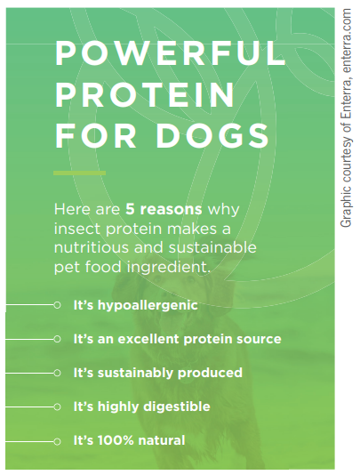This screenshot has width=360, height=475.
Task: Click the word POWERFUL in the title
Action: (x=170, y=53)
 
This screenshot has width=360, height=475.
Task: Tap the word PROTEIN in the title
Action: (x=145, y=95)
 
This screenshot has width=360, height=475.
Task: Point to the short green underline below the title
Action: (x=80, y=173)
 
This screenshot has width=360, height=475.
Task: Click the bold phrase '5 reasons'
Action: (x=164, y=209)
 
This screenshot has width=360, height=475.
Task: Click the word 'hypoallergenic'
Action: (x=148, y=305)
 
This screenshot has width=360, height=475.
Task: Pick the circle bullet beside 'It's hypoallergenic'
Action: (x=57, y=305)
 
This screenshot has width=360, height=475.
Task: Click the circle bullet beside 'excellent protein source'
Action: (x=57, y=339)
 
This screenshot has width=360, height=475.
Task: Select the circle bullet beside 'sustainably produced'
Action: (x=57, y=374)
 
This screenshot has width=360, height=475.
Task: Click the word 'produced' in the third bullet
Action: (x=210, y=374)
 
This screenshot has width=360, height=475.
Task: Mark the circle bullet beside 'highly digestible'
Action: (x=57, y=407)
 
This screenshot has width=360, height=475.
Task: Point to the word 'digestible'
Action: (x=177, y=407)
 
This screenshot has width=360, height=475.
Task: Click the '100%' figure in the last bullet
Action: (x=116, y=440)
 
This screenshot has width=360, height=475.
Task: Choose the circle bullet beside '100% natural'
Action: (x=57, y=442)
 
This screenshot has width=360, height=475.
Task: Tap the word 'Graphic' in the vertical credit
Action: (x=346, y=207)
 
